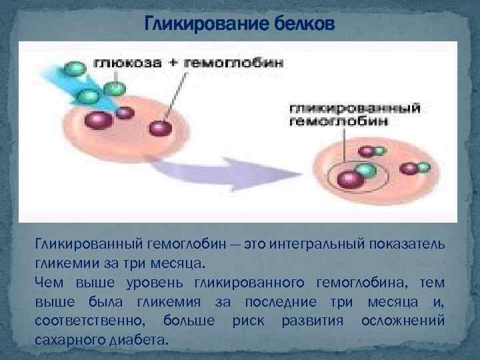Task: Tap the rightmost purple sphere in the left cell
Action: coord(157,127)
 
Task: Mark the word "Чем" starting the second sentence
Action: coord(49,277)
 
